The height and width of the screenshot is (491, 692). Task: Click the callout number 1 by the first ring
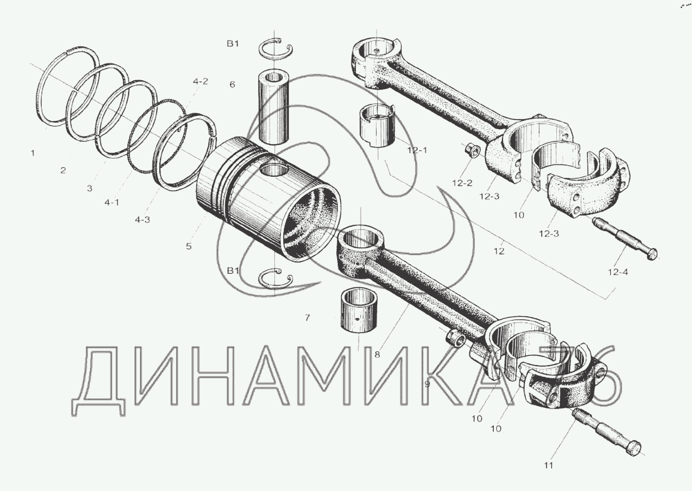point(33,153)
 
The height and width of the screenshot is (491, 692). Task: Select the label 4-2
point(201,82)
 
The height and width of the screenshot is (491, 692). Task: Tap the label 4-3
point(142,220)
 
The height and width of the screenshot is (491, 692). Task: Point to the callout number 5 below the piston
point(189,246)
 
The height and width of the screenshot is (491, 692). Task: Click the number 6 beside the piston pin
point(232,84)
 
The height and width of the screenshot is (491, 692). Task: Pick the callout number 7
point(307,318)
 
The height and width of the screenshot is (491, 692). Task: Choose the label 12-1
point(417,150)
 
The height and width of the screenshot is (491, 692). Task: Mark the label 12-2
point(462,183)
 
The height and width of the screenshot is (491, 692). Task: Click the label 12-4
point(618,272)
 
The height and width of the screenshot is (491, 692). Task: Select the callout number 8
point(377,355)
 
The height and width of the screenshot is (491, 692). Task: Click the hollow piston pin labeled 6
point(274,107)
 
